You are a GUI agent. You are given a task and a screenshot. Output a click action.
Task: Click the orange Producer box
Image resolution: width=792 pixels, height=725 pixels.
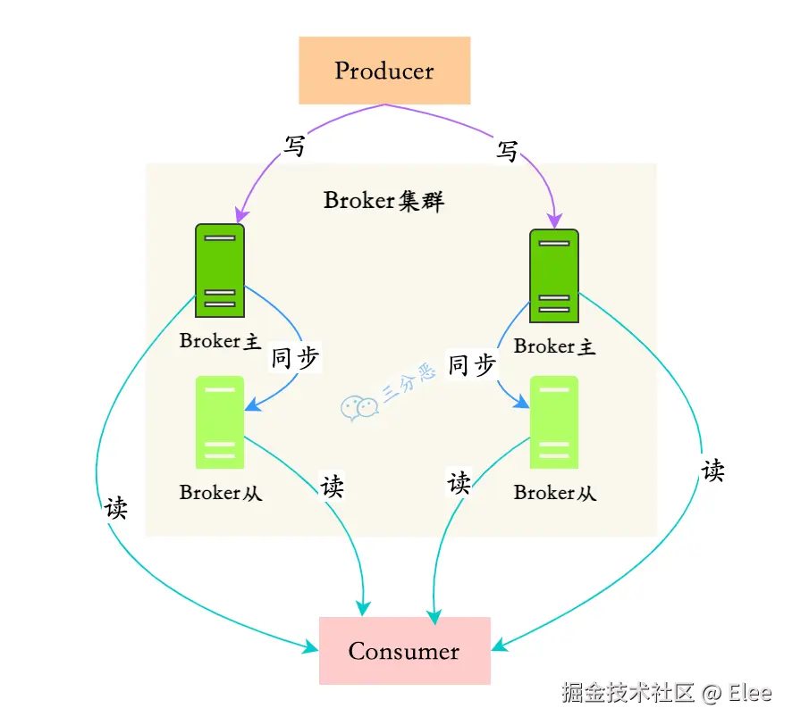[384, 71]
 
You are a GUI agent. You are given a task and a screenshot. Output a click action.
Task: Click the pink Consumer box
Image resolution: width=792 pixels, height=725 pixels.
[404, 651]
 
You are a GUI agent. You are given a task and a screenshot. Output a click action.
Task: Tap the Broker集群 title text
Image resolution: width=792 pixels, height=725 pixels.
[383, 200]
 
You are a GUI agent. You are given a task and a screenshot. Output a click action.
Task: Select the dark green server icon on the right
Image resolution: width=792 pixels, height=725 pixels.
[554, 276]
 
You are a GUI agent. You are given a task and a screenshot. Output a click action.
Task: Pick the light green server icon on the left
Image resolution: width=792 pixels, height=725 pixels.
[219, 422]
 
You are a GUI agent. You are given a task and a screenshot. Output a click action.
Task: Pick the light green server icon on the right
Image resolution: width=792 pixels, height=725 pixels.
[554, 422]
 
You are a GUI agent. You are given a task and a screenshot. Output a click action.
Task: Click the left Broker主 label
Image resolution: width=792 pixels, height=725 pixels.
[220, 341]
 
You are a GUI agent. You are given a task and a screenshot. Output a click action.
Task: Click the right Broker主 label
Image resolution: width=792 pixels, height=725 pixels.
[554, 346]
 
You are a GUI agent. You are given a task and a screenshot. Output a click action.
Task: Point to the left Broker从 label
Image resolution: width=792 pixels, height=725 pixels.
[220, 492]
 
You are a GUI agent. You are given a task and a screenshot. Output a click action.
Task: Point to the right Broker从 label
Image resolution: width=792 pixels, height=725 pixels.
[554, 492]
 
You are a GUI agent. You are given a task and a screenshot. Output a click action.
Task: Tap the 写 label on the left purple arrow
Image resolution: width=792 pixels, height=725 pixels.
[294, 146]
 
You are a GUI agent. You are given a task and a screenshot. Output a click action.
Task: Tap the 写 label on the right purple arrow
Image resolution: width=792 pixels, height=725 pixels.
[507, 152]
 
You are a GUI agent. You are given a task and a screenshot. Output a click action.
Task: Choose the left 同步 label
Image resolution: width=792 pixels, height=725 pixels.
[295, 359]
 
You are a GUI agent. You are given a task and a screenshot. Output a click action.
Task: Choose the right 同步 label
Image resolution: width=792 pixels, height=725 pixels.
[471, 364]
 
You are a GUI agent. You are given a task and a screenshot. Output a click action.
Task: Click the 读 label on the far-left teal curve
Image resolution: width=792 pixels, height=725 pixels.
[116, 508]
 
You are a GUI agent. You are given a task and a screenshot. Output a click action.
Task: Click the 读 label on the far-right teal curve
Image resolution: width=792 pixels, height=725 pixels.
[712, 471]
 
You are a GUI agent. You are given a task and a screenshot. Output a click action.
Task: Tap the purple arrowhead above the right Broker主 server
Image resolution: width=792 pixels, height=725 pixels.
[555, 221]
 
